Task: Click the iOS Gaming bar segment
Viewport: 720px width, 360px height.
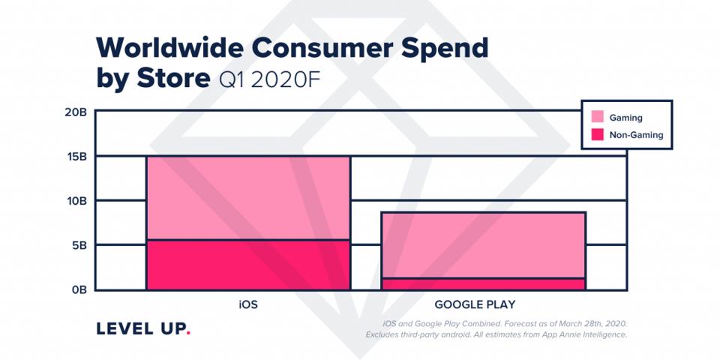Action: [x=247, y=198]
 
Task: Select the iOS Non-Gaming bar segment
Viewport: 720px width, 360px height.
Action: [x=247, y=265]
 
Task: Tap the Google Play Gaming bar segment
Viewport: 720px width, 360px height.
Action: [x=483, y=245]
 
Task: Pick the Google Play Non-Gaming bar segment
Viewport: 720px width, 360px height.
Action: [x=483, y=283]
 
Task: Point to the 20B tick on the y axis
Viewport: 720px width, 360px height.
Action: [x=79, y=112]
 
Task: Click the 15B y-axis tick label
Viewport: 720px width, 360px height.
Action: [x=79, y=157]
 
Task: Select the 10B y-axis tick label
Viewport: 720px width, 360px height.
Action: [x=79, y=201]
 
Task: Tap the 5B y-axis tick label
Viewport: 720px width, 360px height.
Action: [x=82, y=245]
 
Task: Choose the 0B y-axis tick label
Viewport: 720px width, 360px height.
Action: [x=82, y=289]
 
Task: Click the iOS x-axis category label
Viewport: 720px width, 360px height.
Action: [x=247, y=304]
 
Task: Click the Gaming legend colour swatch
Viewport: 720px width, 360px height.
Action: [x=598, y=117]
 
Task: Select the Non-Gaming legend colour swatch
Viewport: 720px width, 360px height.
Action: [x=598, y=135]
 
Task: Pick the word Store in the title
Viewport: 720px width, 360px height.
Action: [x=172, y=78]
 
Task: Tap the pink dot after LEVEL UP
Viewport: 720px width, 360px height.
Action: [x=188, y=334]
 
